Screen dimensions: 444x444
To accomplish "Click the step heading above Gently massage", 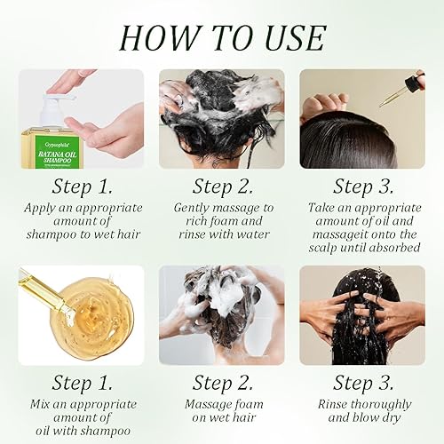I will (x=221, y=186).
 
